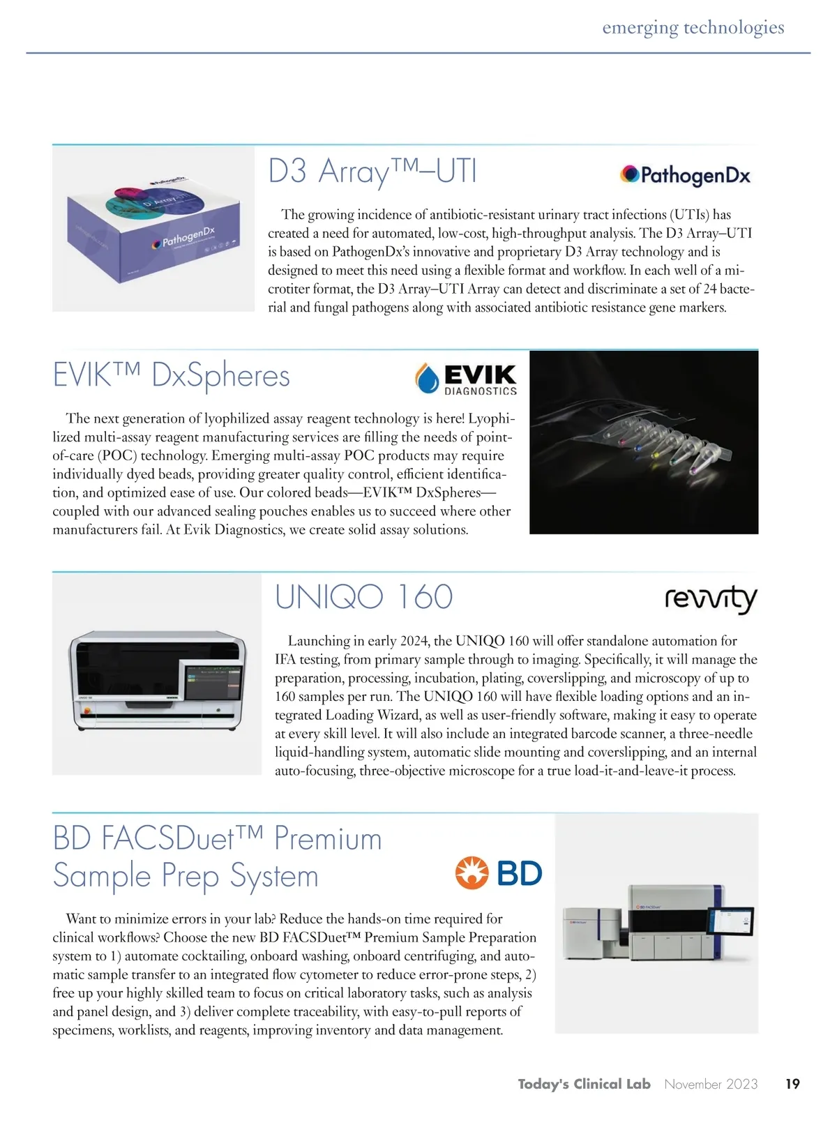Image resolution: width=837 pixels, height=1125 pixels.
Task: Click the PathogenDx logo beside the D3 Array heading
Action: [x=685, y=174]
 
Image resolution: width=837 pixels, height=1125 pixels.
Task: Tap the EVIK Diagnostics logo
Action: [x=466, y=379]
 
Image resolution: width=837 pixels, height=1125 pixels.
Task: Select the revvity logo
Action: [x=710, y=599]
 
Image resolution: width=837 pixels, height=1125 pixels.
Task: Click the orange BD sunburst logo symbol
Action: [x=472, y=873]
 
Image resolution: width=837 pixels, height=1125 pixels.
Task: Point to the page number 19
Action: [x=792, y=1084]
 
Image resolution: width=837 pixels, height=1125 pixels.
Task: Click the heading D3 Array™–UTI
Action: [x=372, y=172]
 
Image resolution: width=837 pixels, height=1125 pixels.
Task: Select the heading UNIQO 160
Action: [x=363, y=597]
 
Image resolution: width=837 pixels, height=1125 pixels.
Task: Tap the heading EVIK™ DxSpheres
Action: [x=171, y=376]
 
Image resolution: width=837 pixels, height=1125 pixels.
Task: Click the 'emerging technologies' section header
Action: [x=693, y=28]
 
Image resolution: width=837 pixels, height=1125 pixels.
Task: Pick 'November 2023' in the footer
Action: [x=710, y=1084]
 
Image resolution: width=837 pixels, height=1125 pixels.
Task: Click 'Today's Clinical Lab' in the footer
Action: [x=584, y=1084]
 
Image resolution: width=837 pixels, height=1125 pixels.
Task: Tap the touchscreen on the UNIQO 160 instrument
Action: [x=213, y=681]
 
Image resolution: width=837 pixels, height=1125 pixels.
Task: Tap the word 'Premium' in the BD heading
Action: [x=328, y=838]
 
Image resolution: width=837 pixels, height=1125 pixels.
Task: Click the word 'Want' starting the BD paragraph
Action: [x=82, y=919]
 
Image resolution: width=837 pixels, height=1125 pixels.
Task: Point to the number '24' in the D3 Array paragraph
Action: [x=707, y=289]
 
